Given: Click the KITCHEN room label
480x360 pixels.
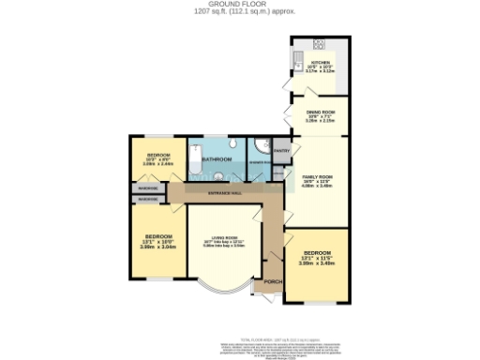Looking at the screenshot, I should point(319,64).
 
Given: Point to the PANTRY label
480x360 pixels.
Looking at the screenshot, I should point(281,149).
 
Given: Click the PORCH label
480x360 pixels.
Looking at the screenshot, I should point(273,281).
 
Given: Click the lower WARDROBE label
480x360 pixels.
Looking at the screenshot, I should point(122,199).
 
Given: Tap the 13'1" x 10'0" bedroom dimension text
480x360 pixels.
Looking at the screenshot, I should point(146,246).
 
